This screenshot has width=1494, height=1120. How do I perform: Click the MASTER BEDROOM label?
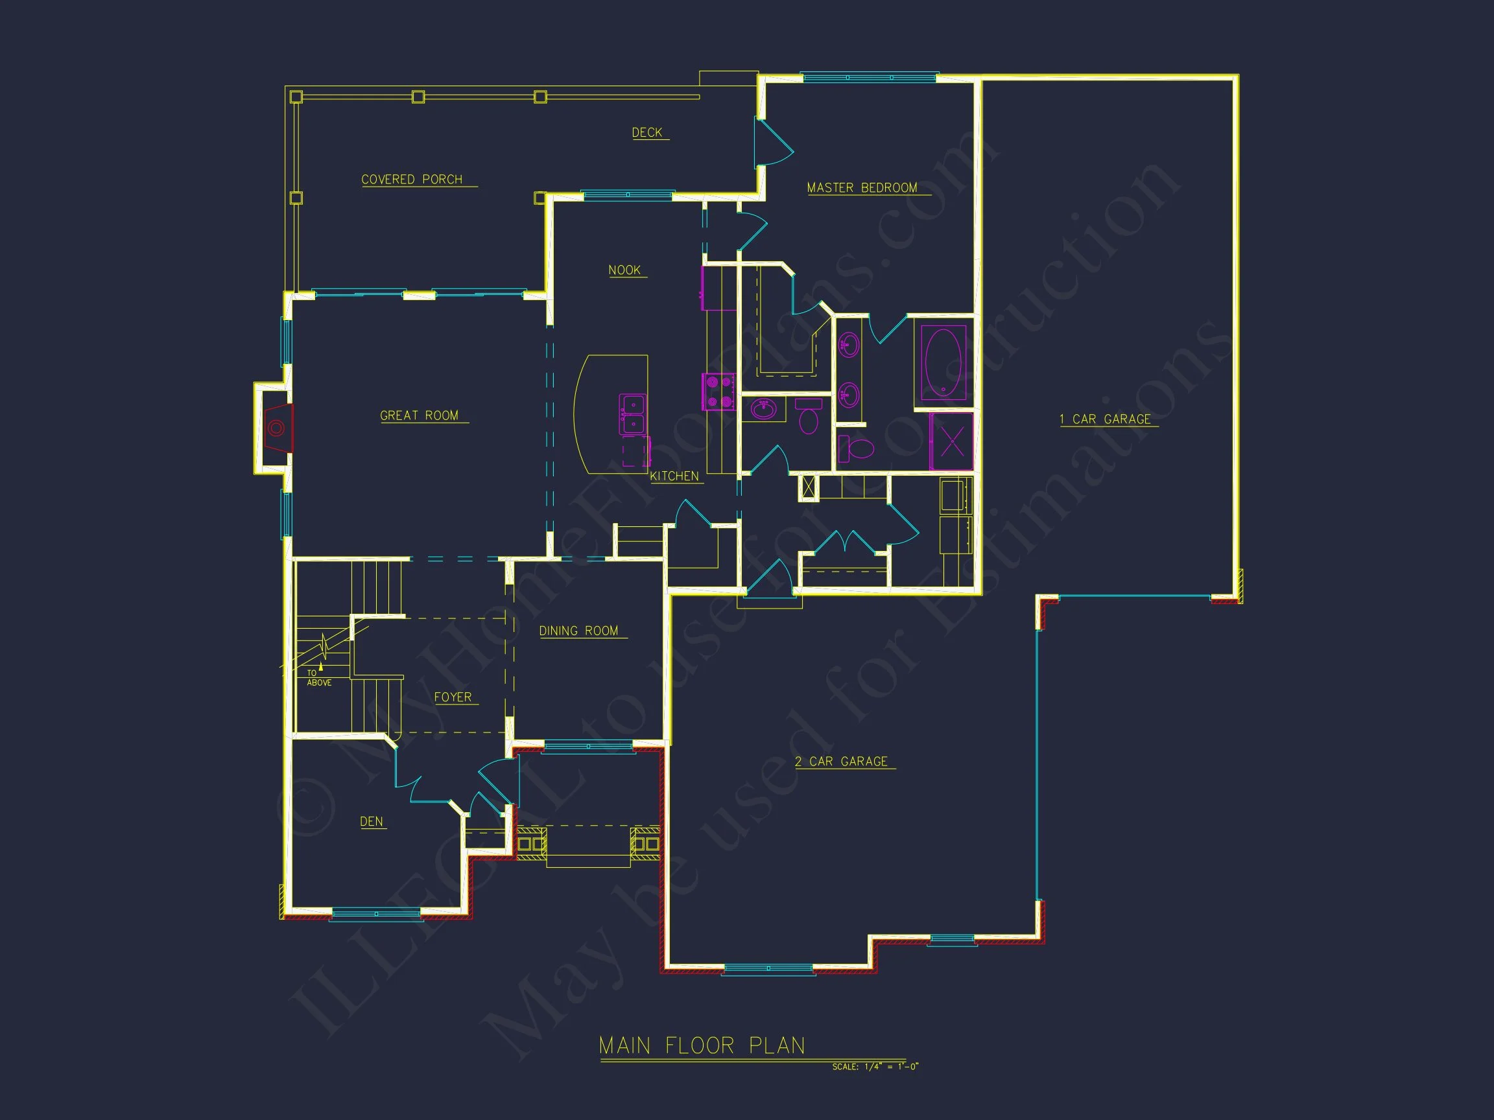click(862, 188)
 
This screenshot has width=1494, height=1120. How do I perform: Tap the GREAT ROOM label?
click(419, 415)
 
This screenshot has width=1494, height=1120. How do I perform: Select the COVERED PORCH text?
click(411, 179)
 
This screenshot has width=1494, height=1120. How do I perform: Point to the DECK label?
click(647, 132)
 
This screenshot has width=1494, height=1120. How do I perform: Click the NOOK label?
click(624, 270)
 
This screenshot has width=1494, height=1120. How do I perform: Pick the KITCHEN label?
click(674, 476)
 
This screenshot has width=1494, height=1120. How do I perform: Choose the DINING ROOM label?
click(578, 631)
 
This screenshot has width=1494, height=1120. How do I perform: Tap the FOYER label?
click(453, 697)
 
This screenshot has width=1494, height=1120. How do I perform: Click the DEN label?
click(372, 821)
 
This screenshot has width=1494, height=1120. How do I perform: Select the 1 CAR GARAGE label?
click(1105, 419)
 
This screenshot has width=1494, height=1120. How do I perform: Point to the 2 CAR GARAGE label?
click(841, 761)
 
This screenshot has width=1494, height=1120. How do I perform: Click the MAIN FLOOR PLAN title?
click(702, 1045)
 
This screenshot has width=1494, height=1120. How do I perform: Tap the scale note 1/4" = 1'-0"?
click(875, 1067)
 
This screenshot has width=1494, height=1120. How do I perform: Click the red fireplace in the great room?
click(278, 428)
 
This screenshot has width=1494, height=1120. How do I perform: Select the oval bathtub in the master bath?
click(943, 362)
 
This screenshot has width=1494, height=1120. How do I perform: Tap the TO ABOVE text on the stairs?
click(319, 678)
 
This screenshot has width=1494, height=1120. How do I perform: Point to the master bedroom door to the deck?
click(772, 143)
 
